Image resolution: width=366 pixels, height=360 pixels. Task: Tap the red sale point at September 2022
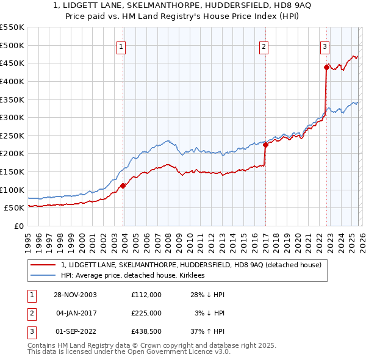coord(326,68)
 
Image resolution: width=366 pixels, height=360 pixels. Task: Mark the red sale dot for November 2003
coord(123,185)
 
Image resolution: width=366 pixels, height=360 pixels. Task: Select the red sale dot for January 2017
coord(265,145)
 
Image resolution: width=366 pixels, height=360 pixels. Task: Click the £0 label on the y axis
coord(18,226)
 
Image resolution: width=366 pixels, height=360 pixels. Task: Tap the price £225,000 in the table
coord(146,313)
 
